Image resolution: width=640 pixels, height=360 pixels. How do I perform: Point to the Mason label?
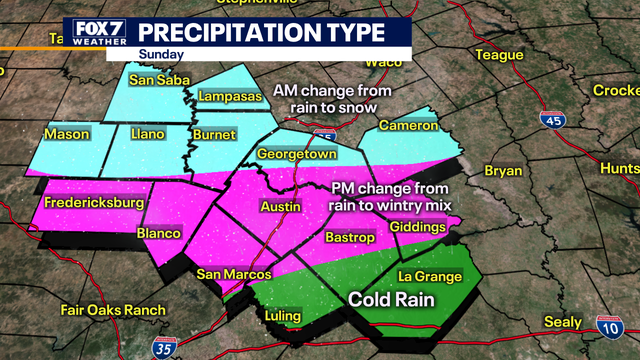click(67, 134)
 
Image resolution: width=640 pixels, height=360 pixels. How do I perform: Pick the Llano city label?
click(148, 134)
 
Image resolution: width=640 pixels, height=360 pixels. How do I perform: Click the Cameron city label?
click(408, 126)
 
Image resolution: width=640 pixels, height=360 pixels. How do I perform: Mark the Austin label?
click(280, 206)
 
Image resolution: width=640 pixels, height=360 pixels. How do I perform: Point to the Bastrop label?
click(350, 237)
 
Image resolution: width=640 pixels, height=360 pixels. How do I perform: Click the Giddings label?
click(418, 228)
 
